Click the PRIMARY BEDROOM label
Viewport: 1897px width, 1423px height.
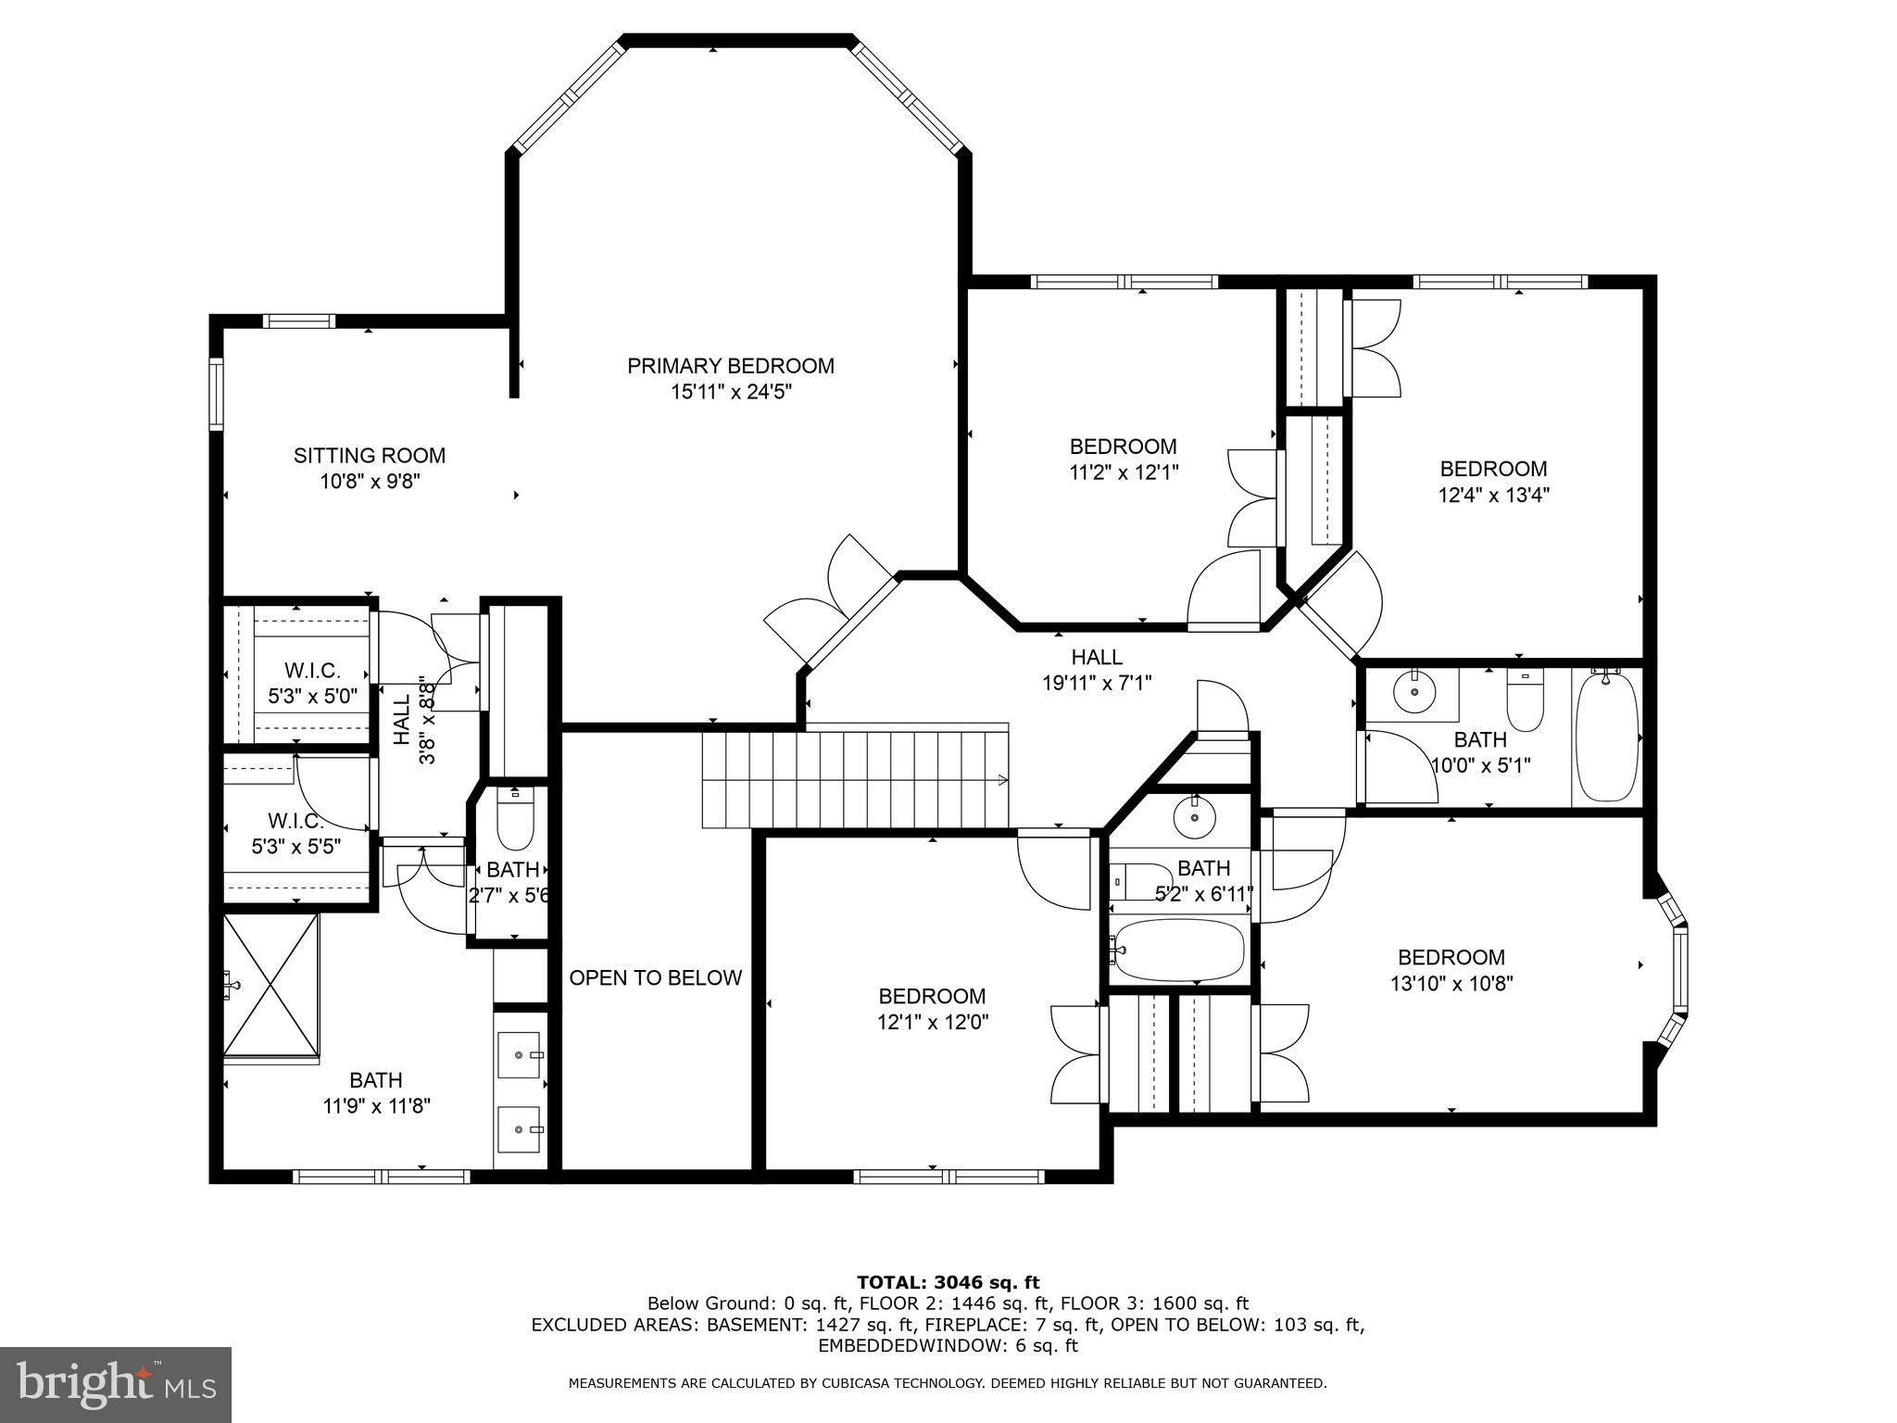pos(731,366)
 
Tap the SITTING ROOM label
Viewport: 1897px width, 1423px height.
pos(370,456)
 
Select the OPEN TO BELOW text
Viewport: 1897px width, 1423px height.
pos(656,977)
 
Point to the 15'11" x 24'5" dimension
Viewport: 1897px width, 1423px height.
pos(731,392)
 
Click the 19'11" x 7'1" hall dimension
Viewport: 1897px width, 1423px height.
pos(1097,684)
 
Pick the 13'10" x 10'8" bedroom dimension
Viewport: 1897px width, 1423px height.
pos(1451,983)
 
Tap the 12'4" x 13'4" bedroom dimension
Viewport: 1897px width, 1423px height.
pos(1493,495)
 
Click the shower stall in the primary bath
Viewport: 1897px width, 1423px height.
pos(271,984)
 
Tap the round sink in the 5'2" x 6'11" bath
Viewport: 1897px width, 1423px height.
pos(1194,816)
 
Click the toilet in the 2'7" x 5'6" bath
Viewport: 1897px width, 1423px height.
pos(515,817)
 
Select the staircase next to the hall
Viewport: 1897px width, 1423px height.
pos(855,778)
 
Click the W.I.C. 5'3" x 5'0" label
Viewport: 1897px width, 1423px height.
pos(313,683)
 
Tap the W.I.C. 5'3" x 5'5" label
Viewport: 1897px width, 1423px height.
pos(296,834)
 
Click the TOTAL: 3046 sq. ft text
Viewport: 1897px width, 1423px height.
pos(948,1283)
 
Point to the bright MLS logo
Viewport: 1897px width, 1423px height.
pos(116,1384)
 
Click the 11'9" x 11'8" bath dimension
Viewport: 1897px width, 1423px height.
pos(376,1105)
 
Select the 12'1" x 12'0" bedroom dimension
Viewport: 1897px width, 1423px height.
pos(932,1023)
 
